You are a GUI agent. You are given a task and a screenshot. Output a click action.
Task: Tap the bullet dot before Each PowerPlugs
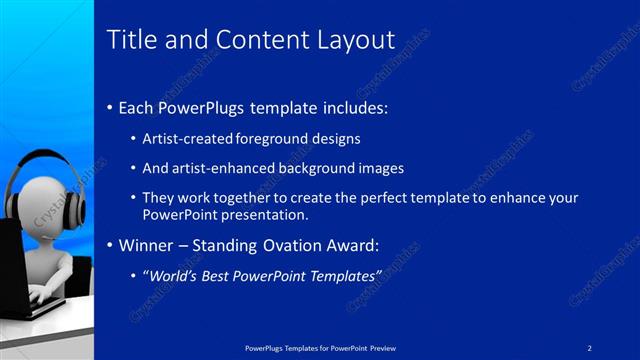click(109, 106)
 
